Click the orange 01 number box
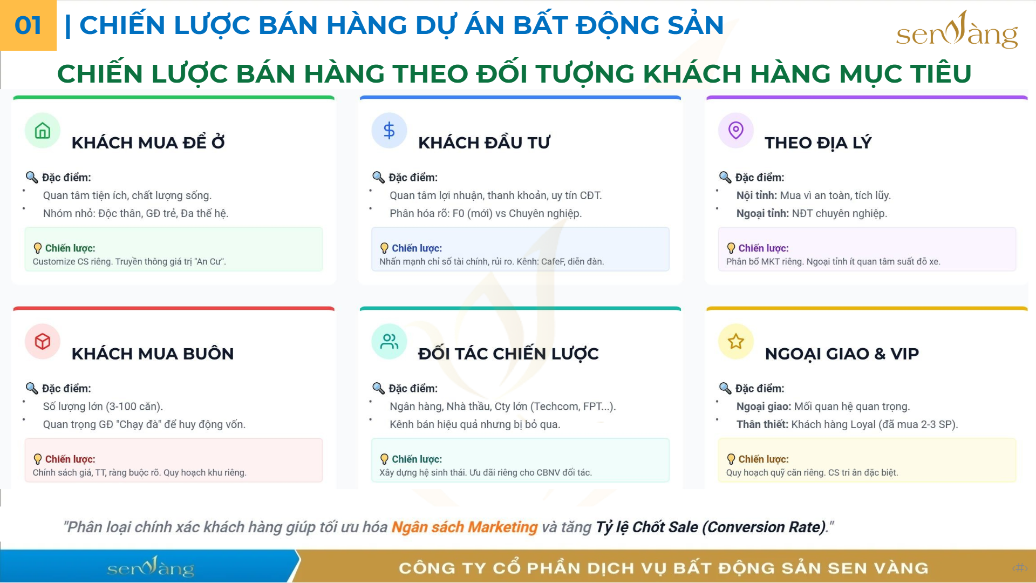(x=28, y=25)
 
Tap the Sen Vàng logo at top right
(x=957, y=30)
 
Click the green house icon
(x=43, y=131)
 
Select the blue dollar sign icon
(x=389, y=131)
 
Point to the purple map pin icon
(x=736, y=131)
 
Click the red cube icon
(x=43, y=342)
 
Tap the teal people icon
(x=389, y=342)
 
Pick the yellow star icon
(x=736, y=342)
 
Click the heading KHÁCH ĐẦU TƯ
(x=484, y=143)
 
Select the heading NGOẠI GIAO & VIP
(x=842, y=354)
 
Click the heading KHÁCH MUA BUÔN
(x=153, y=354)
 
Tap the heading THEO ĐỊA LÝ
(x=818, y=143)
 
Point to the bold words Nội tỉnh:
(x=756, y=195)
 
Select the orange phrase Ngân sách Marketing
(x=465, y=527)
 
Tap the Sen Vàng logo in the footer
(x=151, y=567)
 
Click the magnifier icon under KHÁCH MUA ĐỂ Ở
(x=32, y=177)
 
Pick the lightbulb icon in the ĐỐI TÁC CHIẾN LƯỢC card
(x=384, y=459)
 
